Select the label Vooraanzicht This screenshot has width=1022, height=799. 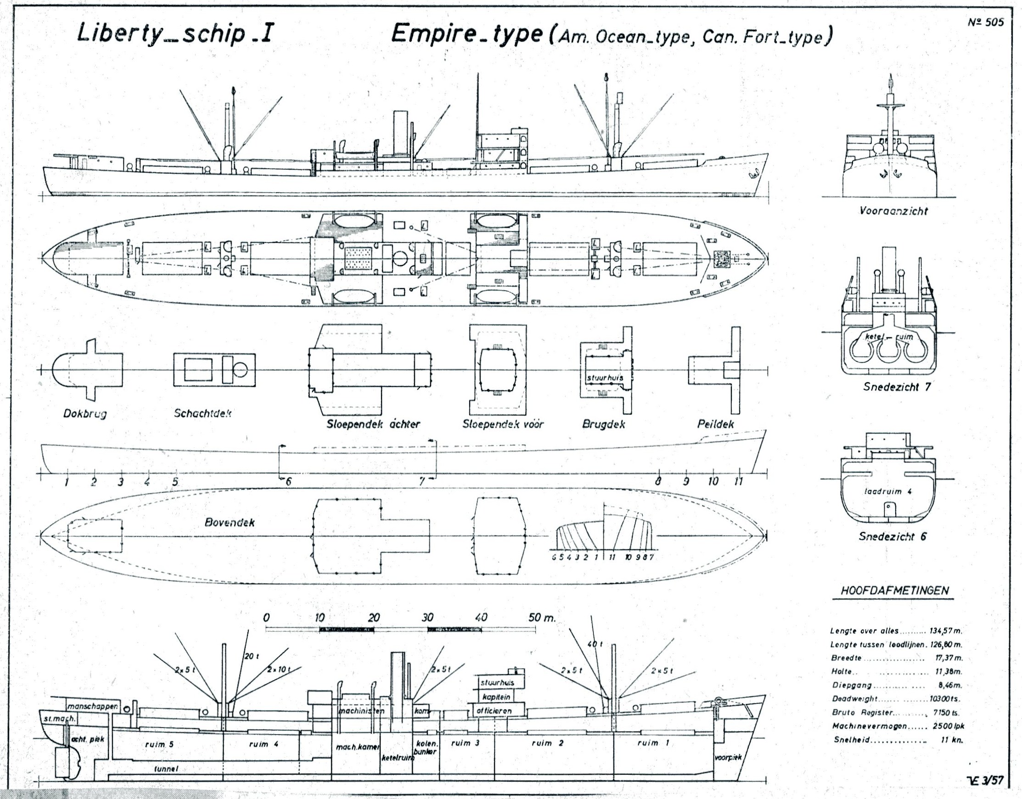[893, 211]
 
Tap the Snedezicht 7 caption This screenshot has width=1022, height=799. [897, 387]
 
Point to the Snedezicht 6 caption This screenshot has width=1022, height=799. [892, 536]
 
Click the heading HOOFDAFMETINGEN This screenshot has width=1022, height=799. [894, 590]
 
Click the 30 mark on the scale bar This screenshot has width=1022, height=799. [428, 618]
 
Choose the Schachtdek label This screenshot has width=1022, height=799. [203, 413]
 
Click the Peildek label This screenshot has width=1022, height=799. [715, 424]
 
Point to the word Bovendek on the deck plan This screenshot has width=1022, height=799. [230, 523]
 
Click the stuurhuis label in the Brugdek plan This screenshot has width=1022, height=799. [605, 377]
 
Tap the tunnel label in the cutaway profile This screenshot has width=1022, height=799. [166, 769]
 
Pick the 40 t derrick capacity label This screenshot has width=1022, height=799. [594, 644]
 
